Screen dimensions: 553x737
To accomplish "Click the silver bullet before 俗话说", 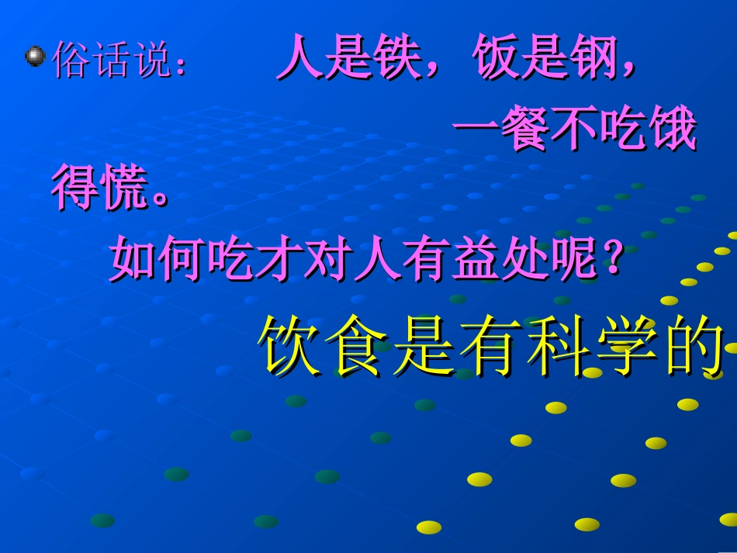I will tap(35, 56).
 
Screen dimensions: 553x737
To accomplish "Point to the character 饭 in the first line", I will tap(495, 59).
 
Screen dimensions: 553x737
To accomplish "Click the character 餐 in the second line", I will tap(525, 131).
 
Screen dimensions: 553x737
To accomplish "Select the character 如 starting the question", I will tap(133, 260).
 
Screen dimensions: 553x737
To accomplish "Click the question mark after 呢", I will tap(612, 260).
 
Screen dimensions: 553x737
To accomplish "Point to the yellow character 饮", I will tap(289, 346).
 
